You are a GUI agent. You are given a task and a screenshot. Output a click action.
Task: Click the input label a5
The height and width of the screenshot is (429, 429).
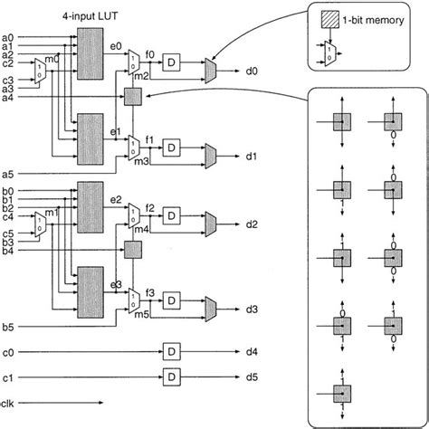click(x=8, y=172)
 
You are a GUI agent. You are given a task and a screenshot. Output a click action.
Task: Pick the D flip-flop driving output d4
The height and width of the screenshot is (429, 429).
click(x=169, y=348)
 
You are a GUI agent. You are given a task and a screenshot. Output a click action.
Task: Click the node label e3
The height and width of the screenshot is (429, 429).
click(x=115, y=284)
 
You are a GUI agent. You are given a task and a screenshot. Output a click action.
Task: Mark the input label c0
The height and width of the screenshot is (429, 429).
click(x=8, y=348)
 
